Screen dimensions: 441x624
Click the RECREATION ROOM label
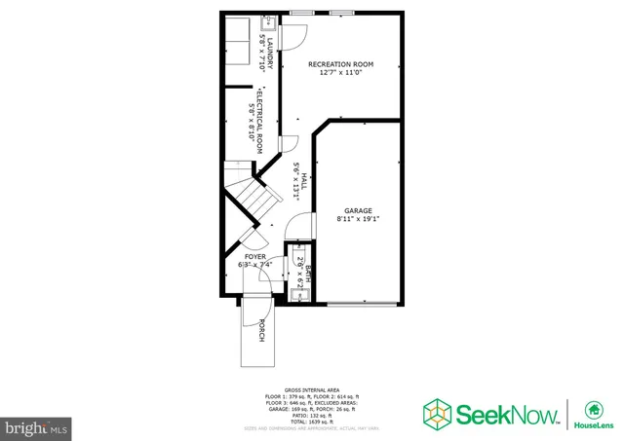(340, 64)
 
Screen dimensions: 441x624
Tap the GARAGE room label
(357, 210)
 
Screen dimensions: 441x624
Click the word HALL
(304, 181)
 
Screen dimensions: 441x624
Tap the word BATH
(308, 274)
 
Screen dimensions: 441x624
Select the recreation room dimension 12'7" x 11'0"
(340, 73)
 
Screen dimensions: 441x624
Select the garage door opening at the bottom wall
(362, 304)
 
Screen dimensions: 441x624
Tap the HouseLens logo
(591, 415)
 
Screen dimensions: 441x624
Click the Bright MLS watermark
(37, 427)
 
